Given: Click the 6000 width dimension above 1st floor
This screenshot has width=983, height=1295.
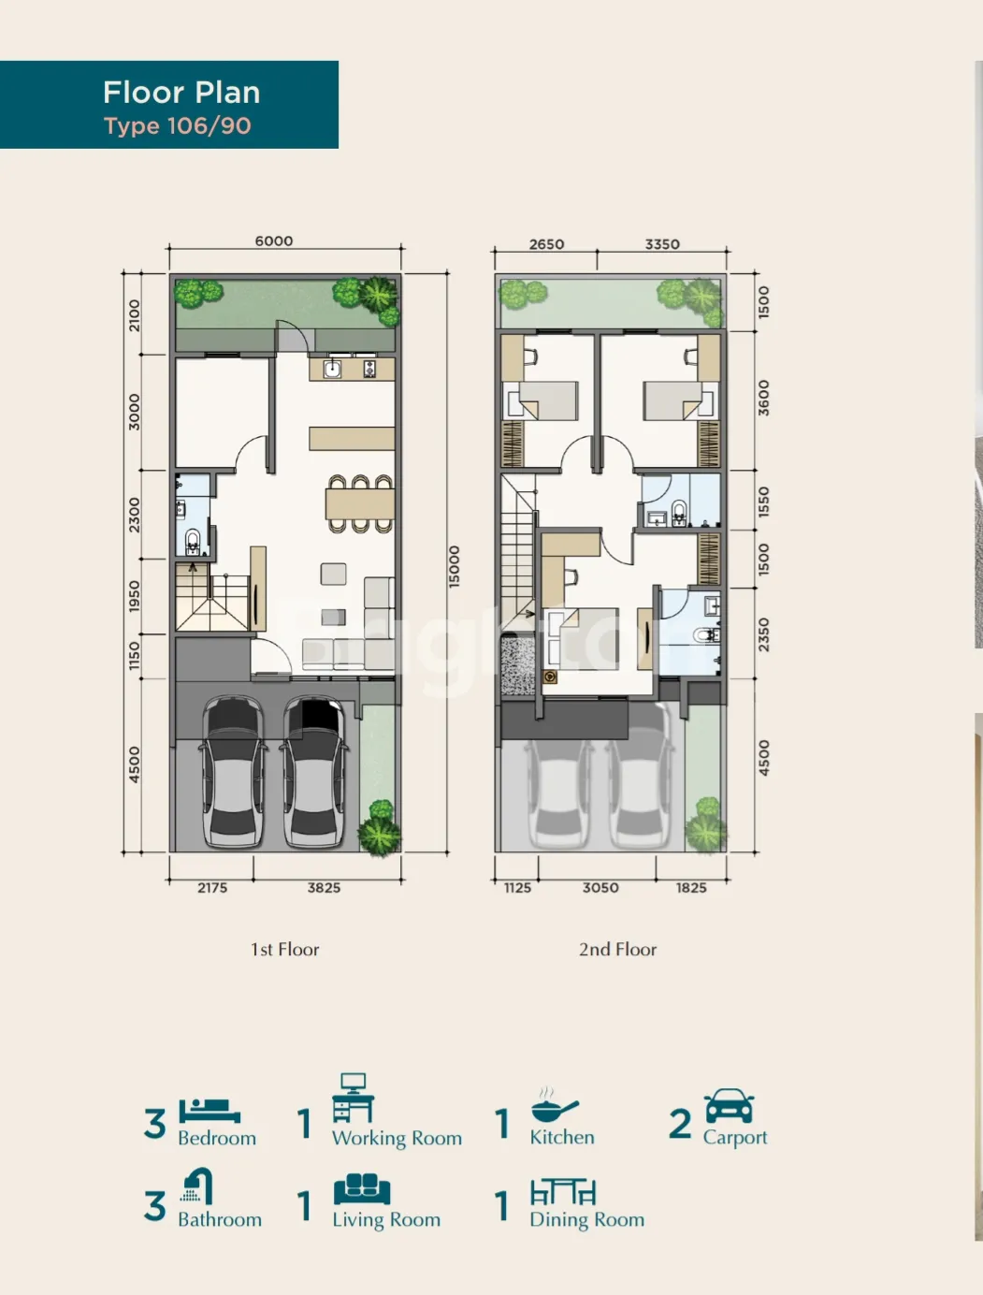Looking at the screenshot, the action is tap(274, 240).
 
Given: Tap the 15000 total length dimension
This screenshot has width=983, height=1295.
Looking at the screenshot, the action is tap(454, 566).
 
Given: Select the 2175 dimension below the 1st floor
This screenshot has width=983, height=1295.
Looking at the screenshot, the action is tap(212, 888).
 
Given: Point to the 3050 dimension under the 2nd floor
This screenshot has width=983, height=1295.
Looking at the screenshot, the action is tap(600, 888).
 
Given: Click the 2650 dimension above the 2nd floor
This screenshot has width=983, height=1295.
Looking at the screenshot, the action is tap(546, 244).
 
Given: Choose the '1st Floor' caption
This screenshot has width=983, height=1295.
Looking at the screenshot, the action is tap(285, 950).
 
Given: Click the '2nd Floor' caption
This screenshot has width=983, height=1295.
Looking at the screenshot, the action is tap(617, 950).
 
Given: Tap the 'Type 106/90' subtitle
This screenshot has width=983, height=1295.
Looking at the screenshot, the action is tap(178, 126).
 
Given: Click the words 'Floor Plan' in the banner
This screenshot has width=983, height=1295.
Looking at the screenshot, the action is tap(181, 92).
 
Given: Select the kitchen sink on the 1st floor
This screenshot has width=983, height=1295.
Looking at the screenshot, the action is tap(333, 370).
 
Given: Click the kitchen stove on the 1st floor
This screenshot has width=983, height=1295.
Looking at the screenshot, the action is tap(369, 370).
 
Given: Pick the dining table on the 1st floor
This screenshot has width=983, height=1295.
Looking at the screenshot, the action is tap(360, 503).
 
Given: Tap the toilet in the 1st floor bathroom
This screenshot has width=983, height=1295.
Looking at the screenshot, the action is tap(193, 541).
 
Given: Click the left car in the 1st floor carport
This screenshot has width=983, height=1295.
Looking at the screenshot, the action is tap(233, 772).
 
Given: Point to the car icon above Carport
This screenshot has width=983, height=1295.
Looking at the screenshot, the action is tap(730, 1106).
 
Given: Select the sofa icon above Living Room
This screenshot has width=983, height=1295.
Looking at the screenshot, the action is tap(362, 1189).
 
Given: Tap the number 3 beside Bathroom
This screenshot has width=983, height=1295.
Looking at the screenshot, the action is tap(155, 1205).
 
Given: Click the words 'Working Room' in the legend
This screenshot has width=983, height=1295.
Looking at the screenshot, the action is tap(397, 1138).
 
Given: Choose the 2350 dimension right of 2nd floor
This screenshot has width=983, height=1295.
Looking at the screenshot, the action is tap(763, 634).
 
